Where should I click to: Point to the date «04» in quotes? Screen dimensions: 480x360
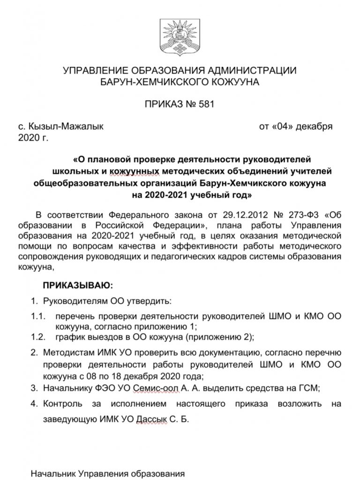pyautogui.click(x=285, y=127)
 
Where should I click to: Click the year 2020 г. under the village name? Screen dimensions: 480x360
pyautogui.click(x=32, y=138)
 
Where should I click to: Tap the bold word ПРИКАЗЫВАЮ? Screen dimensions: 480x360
pyautogui.click(x=78, y=285)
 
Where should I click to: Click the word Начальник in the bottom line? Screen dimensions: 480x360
pyautogui.click(x=53, y=473)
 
